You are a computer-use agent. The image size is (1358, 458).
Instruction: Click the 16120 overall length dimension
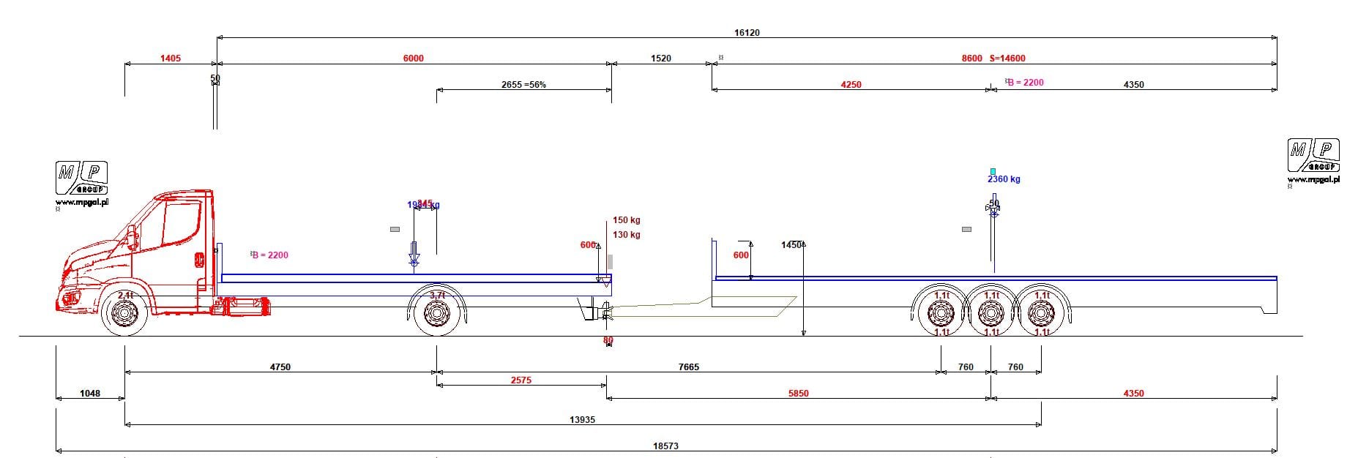[747, 33]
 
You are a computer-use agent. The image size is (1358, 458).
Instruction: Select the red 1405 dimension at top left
[171, 59]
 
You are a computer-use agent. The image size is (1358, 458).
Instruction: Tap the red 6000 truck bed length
[414, 59]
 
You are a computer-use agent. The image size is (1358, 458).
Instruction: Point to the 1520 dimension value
[661, 59]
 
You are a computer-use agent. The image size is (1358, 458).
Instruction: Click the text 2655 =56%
[523, 85]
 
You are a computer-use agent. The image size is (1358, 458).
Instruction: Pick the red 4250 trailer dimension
[851, 85]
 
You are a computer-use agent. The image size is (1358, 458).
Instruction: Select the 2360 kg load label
[1004, 179]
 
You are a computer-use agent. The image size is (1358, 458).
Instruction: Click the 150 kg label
[627, 220]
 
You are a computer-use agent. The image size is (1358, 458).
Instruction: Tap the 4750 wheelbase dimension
[280, 367]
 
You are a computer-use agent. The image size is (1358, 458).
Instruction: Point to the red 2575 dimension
[521, 380]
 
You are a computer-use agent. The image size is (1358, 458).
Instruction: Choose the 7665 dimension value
[689, 367]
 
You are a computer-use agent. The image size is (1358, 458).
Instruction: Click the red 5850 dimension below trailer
[799, 394]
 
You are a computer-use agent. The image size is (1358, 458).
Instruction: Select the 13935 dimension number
[582, 420]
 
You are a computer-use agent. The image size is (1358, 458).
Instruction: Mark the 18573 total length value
[666, 446]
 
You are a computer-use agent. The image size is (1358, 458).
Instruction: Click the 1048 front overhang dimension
[90, 394]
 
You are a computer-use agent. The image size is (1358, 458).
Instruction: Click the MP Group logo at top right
[1313, 157]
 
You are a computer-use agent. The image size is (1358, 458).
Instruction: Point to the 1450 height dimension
[791, 245]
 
